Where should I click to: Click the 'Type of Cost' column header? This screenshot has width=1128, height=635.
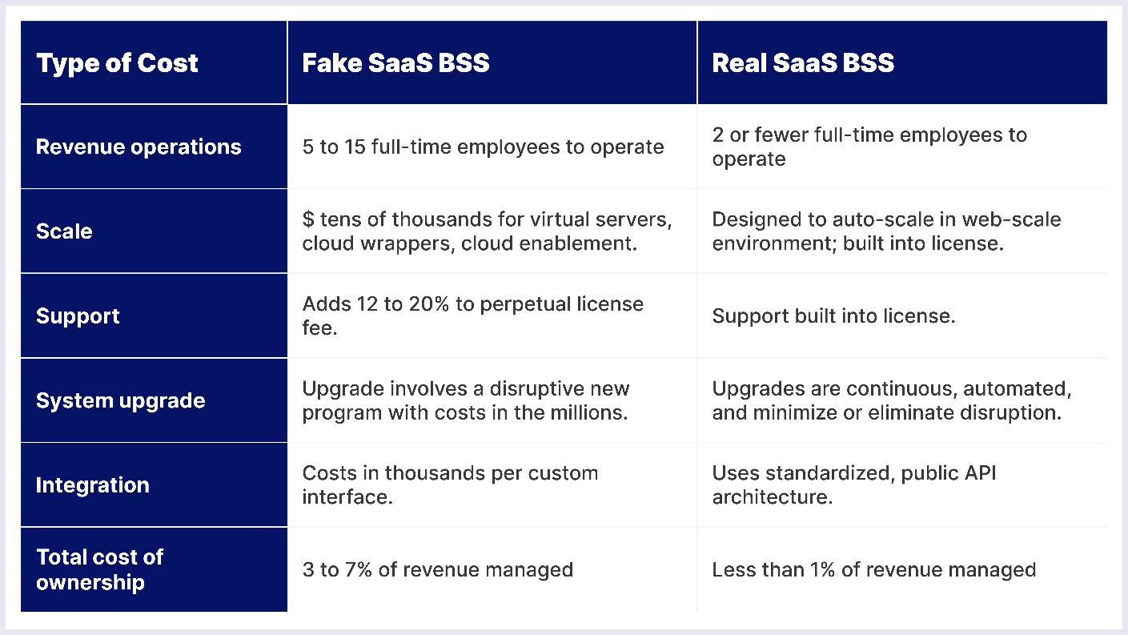click(x=117, y=63)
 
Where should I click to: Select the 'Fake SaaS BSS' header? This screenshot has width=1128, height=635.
click(x=395, y=63)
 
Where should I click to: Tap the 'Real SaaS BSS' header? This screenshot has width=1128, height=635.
click(x=803, y=63)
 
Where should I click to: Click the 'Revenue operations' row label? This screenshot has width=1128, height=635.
click(x=138, y=147)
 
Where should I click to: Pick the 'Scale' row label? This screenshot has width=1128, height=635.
click(x=64, y=231)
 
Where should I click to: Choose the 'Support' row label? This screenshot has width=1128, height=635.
click(x=78, y=316)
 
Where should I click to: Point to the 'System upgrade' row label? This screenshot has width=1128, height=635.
click(x=120, y=400)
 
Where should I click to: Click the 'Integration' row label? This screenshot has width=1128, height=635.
click(x=92, y=485)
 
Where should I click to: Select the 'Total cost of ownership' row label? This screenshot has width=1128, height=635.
click(x=99, y=569)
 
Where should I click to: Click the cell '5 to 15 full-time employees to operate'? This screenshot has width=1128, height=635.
click(x=483, y=147)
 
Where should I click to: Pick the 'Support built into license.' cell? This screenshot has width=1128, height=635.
click(x=833, y=316)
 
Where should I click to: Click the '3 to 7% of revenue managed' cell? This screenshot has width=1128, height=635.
click(x=437, y=569)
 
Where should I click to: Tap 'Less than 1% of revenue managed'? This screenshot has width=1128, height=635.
click(x=873, y=569)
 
